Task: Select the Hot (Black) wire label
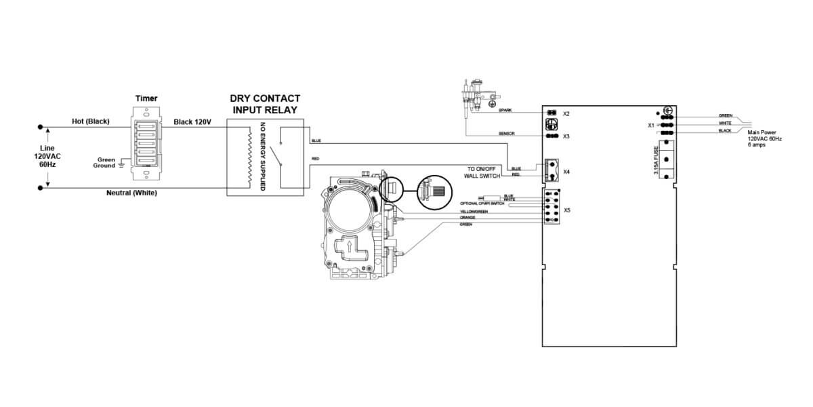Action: pyautogui.click(x=90, y=121)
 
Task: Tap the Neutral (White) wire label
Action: pyautogui.click(x=132, y=193)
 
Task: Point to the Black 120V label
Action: pyautogui.click(x=192, y=121)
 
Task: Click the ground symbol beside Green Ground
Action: pyautogui.click(x=121, y=163)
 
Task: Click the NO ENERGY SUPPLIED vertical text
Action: pyautogui.click(x=263, y=156)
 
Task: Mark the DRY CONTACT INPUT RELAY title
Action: pyautogui.click(x=264, y=104)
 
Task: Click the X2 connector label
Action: pyautogui.click(x=566, y=113)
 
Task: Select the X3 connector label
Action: pyautogui.click(x=566, y=137)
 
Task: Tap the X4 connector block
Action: pyautogui.click(x=549, y=167)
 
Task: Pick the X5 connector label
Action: pyautogui.click(x=566, y=210)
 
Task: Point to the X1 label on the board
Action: pyautogui.click(x=652, y=125)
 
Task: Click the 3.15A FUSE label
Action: pyautogui.click(x=656, y=161)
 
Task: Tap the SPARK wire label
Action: pyautogui.click(x=505, y=110)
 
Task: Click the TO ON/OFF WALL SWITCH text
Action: pyautogui.click(x=482, y=172)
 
